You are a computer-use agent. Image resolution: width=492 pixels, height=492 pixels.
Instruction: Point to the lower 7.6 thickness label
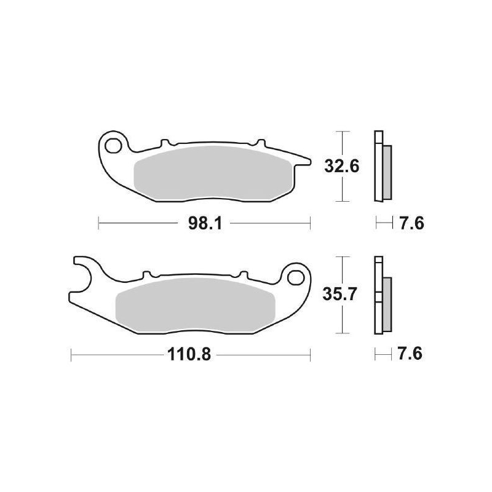tap(411, 355)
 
